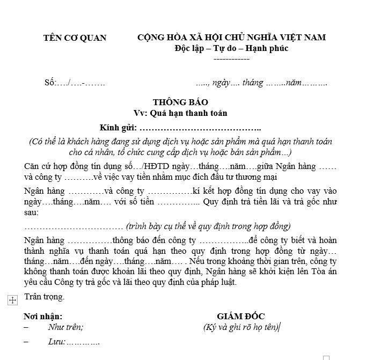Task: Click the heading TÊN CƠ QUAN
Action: click(75, 38)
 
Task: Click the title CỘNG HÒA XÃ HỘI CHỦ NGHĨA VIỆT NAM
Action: click(231, 38)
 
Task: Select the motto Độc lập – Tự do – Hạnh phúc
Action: click(231, 48)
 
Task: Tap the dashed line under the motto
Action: click(231, 58)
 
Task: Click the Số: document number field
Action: click(75, 83)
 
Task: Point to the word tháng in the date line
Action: click(253, 83)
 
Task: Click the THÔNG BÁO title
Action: click(180, 102)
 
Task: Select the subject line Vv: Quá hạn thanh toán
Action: click(181, 113)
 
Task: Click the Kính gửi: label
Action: click(119, 128)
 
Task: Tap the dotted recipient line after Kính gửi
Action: click(200, 129)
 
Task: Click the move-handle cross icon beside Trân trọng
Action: click(13, 300)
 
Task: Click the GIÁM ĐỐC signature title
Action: click(241, 317)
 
